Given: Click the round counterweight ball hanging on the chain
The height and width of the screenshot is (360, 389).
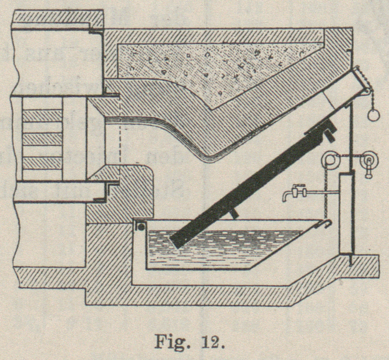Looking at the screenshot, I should click(x=374, y=115).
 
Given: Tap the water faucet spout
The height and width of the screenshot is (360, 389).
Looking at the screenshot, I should click(x=285, y=197).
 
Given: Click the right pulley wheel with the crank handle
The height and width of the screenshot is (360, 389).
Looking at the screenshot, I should click(x=369, y=160).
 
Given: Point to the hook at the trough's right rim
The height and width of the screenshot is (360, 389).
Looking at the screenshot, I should click(x=327, y=223).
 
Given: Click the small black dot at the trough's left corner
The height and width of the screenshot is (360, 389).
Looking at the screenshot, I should click(x=141, y=227).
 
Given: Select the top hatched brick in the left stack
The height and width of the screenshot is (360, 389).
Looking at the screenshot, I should click(x=42, y=115).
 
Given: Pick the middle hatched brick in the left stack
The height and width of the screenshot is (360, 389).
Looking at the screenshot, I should click(x=42, y=139).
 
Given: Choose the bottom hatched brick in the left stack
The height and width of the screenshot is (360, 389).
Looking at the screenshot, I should click(x=42, y=163).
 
